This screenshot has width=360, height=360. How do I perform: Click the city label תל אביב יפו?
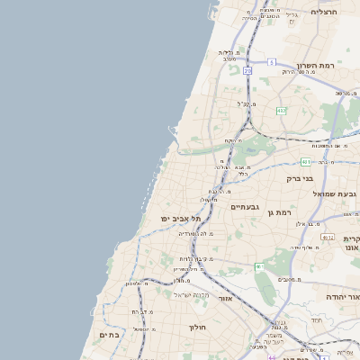pos(178,219)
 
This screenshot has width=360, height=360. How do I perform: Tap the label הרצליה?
pos(323,12)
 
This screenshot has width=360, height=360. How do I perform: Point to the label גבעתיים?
pos(245,206)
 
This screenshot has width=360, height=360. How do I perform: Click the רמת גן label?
pos(281,211)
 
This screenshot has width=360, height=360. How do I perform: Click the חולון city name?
pos(197,328)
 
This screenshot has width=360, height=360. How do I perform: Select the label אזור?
pos(225,298)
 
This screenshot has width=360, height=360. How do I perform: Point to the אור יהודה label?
pos(342,295)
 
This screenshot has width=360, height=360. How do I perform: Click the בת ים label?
pos(108,334)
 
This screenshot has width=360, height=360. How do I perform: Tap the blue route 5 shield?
pos(271,62)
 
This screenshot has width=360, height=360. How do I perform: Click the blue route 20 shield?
pos(247,70)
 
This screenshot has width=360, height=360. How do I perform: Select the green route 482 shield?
pos(281,111)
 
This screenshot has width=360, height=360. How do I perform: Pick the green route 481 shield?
pos(306,162)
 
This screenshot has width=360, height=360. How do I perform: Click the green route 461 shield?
pos(258,266)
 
